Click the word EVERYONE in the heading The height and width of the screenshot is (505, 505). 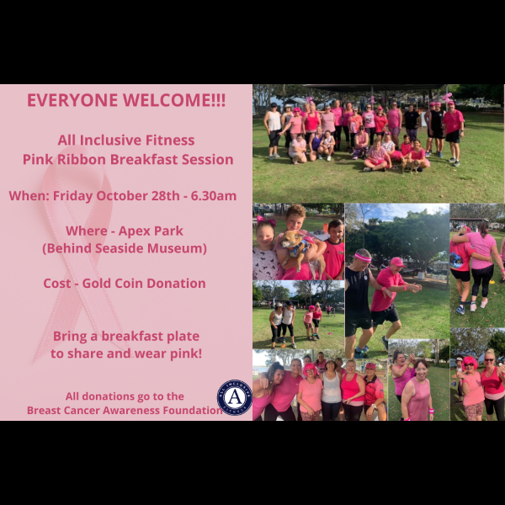coord(72,100)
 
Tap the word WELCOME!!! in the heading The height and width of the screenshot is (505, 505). coord(174,100)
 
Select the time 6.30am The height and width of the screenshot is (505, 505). coord(214,196)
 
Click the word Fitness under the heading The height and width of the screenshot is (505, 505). coord(170,140)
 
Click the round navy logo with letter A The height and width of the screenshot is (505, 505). coord(235,397)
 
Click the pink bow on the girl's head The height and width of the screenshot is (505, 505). coord(266,221)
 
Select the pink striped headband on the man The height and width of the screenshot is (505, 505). coord(363,258)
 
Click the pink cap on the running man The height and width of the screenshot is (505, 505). coord(397,262)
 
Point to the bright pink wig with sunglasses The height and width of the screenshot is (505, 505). coord(470,364)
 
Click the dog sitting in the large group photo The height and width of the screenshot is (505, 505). coord(411,165)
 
